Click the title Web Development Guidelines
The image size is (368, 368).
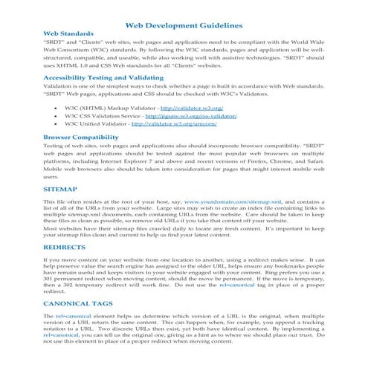tap(184, 26)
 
